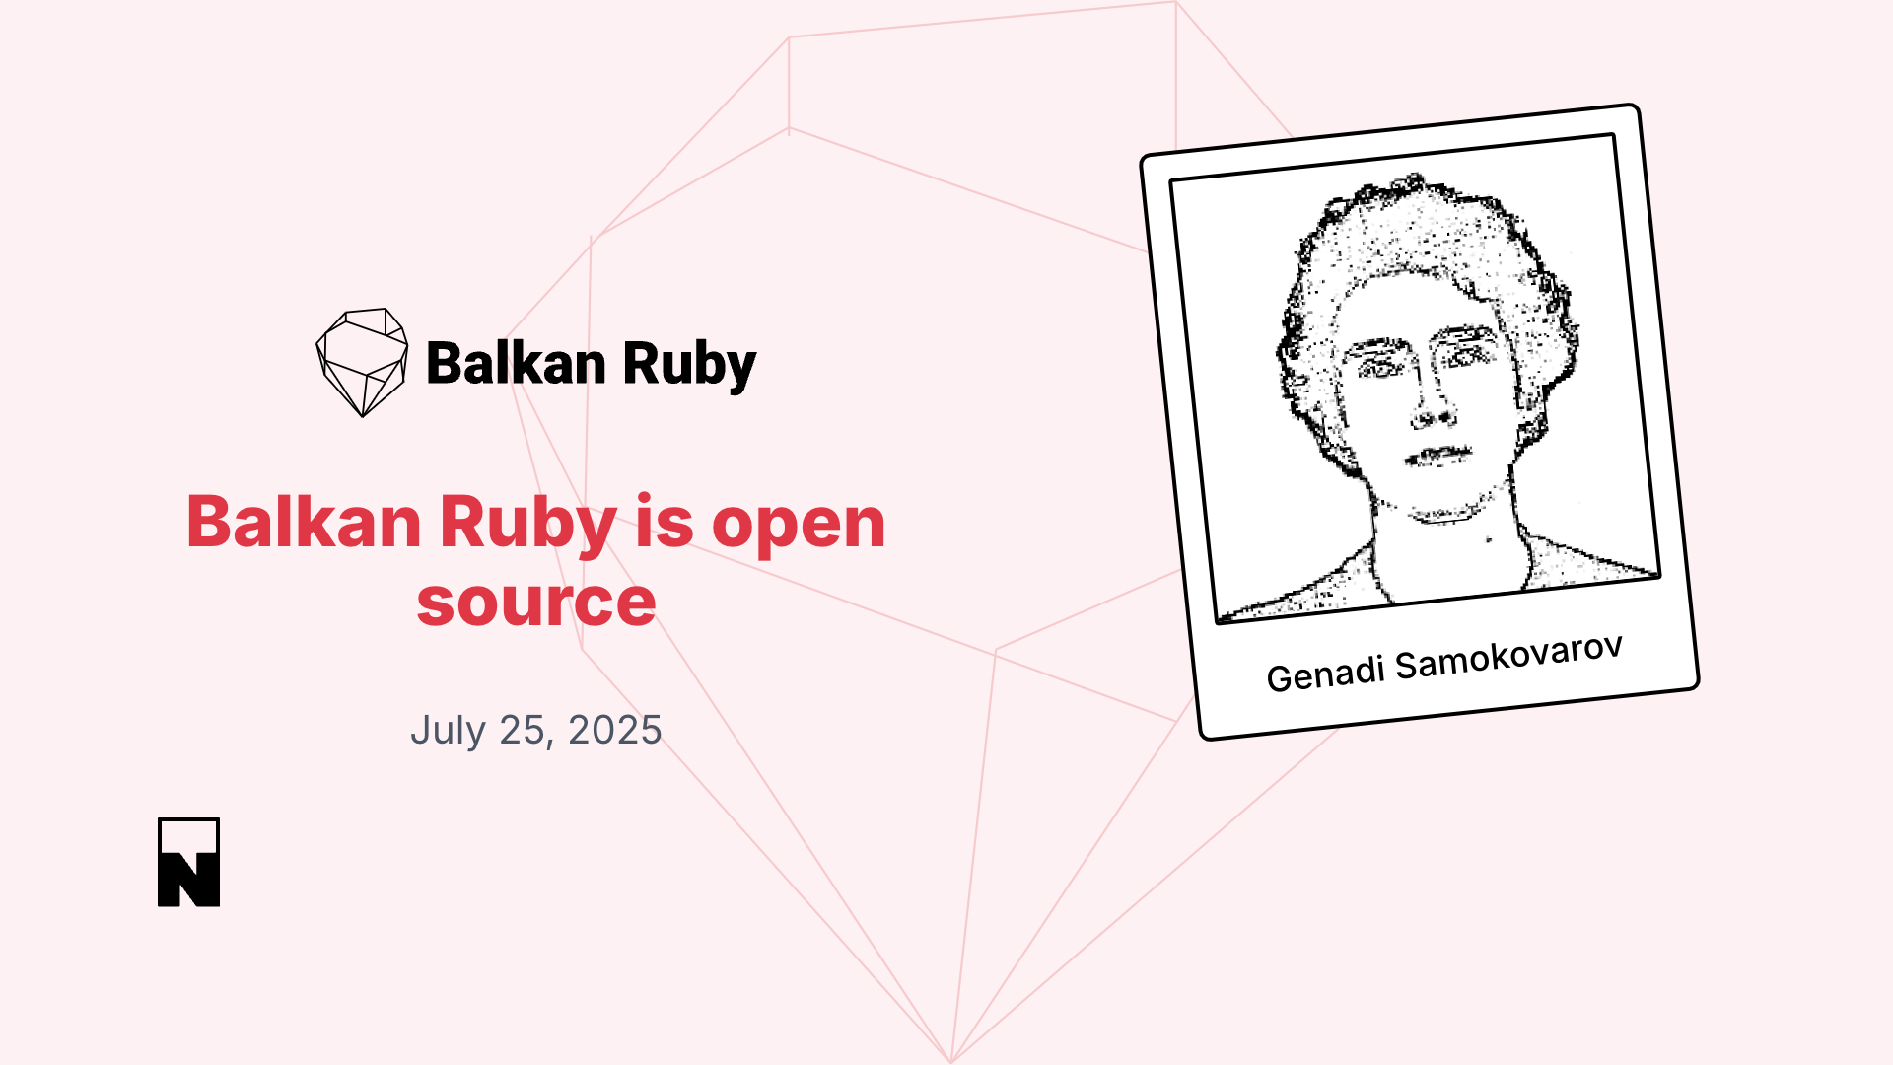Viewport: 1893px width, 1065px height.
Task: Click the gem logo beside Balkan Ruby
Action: (x=362, y=362)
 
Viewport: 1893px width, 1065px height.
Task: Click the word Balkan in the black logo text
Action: (x=516, y=363)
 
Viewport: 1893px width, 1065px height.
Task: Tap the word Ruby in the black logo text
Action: (x=689, y=366)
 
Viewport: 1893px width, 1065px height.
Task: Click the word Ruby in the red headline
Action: (x=528, y=526)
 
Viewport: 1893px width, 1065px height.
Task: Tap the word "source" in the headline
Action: (x=536, y=603)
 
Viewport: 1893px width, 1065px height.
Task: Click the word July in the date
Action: (x=449, y=731)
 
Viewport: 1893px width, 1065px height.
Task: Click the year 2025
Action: (x=615, y=730)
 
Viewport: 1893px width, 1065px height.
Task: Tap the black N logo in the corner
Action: (x=188, y=862)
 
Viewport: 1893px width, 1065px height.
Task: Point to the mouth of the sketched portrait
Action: (x=1437, y=456)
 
